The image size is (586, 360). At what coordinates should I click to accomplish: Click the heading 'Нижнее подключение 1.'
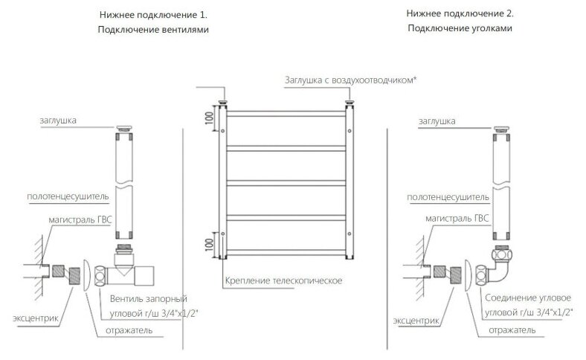coord(153,15)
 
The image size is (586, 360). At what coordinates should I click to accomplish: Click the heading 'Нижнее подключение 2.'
coord(460,13)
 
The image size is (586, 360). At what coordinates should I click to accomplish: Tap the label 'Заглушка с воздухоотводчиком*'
coord(350,80)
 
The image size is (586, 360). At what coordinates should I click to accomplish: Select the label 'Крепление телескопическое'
coord(283,280)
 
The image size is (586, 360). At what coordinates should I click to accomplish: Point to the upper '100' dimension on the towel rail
coord(209,118)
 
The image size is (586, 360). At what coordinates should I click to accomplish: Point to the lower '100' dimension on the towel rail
coord(209,245)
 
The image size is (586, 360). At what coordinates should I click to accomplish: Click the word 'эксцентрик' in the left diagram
coord(36,318)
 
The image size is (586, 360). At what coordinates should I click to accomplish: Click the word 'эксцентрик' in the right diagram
coord(416,321)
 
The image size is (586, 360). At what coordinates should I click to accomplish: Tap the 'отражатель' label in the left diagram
coord(129,330)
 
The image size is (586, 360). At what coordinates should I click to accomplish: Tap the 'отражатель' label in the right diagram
coord(512,330)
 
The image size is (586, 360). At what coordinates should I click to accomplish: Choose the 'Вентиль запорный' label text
coord(149,299)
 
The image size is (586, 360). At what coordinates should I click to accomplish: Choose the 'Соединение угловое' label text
coord(528,298)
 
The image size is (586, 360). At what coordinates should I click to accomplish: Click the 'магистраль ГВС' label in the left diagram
coord(80,220)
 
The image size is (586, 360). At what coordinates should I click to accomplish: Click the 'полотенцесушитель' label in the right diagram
coord(448,197)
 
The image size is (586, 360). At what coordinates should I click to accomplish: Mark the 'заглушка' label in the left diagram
coord(58,120)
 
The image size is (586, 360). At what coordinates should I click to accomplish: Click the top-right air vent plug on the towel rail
coord(350,103)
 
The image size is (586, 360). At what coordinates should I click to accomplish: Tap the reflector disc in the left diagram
coord(86,275)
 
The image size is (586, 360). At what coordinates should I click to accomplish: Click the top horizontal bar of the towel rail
coord(286,114)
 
